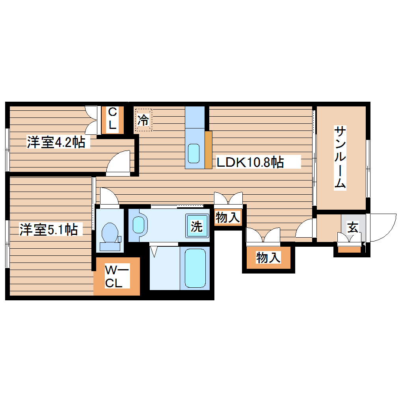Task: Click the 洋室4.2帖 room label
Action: (x=56, y=142)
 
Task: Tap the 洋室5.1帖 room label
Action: (x=49, y=229)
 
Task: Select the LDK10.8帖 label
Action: (x=249, y=162)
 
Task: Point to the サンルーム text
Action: (x=340, y=158)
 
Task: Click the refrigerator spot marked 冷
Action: (x=144, y=120)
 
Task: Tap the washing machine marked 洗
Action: (x=197, y=226)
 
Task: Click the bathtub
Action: (x=195, y=268)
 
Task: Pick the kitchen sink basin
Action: (x=194, y=153)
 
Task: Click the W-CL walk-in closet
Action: (x=117, y=277)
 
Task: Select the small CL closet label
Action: (x=112, y=119)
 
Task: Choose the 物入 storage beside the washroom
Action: (x=227, y=217)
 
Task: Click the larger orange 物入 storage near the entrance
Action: (x=268, y=258)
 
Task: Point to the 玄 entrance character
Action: (x=352, y=227)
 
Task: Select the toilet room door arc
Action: (x=108, y=196)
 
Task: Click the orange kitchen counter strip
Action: (x=208, y=149)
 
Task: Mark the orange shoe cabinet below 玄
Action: (x=350, y=249)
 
